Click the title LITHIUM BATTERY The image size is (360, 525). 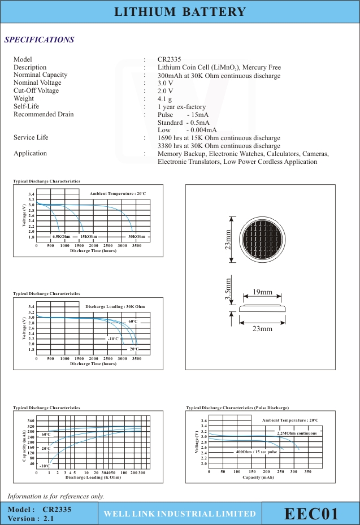point(180,12)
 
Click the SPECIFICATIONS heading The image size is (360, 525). point(39,40)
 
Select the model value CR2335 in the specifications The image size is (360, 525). point(170,59)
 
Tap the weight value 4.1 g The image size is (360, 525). point(164,99)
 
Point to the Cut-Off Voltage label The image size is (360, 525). point(36,90)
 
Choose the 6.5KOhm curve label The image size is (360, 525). point(61,236)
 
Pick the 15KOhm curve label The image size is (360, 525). point(89,236)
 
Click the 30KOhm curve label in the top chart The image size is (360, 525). point(137,236)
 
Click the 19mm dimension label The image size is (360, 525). point(262,292)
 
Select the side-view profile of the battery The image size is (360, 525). point(263,309)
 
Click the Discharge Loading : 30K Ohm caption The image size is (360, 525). point(115,306)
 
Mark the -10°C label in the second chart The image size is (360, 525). point(113,339)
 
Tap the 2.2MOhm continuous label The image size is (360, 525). point(297,433)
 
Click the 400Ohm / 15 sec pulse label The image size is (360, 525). point(257,452)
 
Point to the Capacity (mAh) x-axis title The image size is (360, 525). point(258,478)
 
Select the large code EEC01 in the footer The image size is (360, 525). point(311,514)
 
